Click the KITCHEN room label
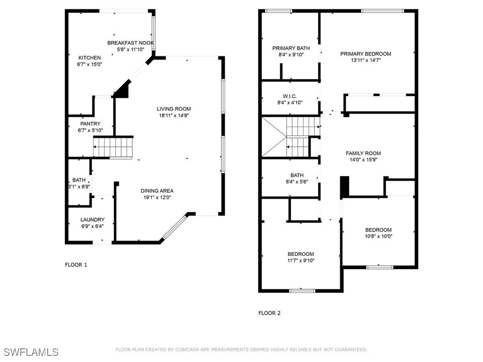89,58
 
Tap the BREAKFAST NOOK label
131,43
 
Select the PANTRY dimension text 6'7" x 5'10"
90,130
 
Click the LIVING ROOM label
174,109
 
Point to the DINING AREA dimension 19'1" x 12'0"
157,197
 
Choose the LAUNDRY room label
92,220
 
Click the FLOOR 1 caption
76,265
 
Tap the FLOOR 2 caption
269,313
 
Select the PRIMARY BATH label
291,48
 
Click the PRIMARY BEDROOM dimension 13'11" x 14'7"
366,60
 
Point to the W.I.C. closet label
290,96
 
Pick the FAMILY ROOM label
363,153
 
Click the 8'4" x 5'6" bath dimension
297,181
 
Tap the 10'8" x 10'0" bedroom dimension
378,237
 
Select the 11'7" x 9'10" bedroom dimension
300,260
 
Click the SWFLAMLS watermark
31,352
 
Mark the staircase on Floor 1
113,148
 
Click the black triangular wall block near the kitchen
123,89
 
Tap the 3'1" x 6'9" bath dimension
79,187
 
